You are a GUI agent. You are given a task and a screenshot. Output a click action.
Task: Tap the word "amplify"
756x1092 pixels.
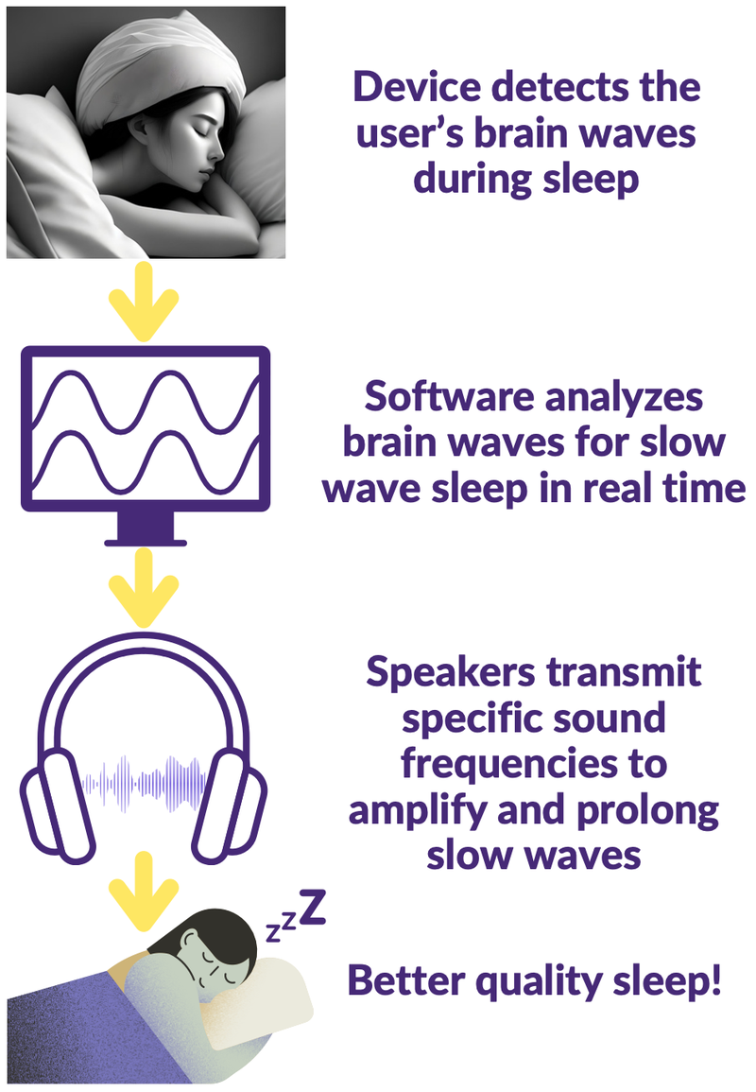417,810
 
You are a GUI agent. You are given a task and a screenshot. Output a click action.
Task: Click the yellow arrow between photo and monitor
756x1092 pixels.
144,303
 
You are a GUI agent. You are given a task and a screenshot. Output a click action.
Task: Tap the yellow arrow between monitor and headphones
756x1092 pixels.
144,588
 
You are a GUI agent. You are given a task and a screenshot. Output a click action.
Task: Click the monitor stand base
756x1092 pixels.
146,542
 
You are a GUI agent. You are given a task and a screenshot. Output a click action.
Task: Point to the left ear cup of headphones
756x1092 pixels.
57,806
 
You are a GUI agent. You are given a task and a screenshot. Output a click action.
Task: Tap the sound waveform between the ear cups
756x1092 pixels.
144,784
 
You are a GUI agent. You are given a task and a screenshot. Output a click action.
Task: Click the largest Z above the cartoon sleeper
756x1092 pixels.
313,908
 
